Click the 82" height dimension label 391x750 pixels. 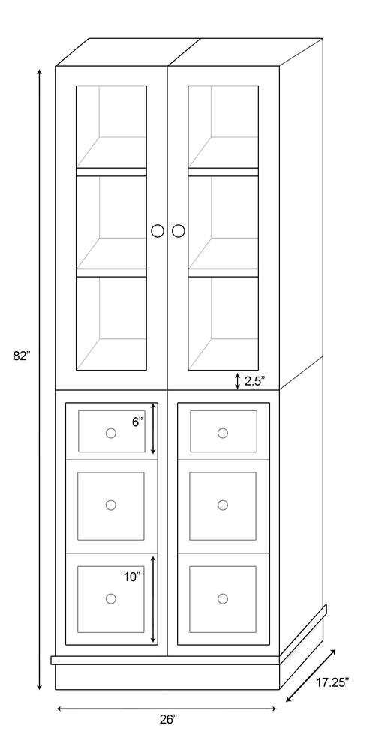(22, 356)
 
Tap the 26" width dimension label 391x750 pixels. (168, 719)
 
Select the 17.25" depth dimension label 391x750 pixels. (332, 682)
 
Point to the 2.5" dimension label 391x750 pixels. (254, 381)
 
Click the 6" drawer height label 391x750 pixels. (137, 421)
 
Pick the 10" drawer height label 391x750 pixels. (132, 577)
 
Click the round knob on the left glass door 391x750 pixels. (158, 230)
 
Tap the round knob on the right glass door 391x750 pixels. (178, 230)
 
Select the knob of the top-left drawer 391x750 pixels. (111, 433)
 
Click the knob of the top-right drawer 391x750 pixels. (223, 433)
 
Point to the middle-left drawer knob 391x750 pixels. (111, 505)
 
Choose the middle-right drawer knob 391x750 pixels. (223, 505)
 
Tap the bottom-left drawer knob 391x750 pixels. (111, 598)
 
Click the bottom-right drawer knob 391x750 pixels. (223, 598)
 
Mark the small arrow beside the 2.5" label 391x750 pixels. (238, 381)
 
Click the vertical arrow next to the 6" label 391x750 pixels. (153, 428)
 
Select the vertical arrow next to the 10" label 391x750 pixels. (153, 598)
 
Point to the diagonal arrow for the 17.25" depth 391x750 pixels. (311, 675)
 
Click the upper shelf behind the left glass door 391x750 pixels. (111, 172)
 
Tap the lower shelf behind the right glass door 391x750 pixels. (223, 273)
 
